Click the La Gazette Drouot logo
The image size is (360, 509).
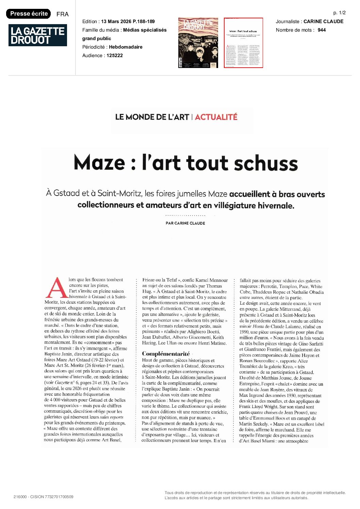click(x=37, y=35)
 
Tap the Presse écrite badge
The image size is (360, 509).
click(x=29, y=14)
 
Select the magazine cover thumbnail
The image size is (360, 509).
click(x=198, y=43)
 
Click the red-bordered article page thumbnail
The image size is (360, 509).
click(x=243, y=43)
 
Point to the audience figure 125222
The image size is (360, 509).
click(x=115, y=55)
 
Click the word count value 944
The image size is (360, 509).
click(x=322, y=30)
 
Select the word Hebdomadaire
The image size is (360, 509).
click(x=126, y=47)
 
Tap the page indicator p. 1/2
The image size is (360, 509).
click(x=339, y=13)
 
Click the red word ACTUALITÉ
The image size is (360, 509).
click(x=216, y=117)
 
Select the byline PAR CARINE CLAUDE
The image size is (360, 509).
click(x=185, y=223)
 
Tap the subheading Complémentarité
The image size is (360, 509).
click(x=166, y=354)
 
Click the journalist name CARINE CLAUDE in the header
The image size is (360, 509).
click(x=323, y=21)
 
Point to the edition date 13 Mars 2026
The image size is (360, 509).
click(x=116, y=21)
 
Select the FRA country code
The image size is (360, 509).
click(x=62, y=14)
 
